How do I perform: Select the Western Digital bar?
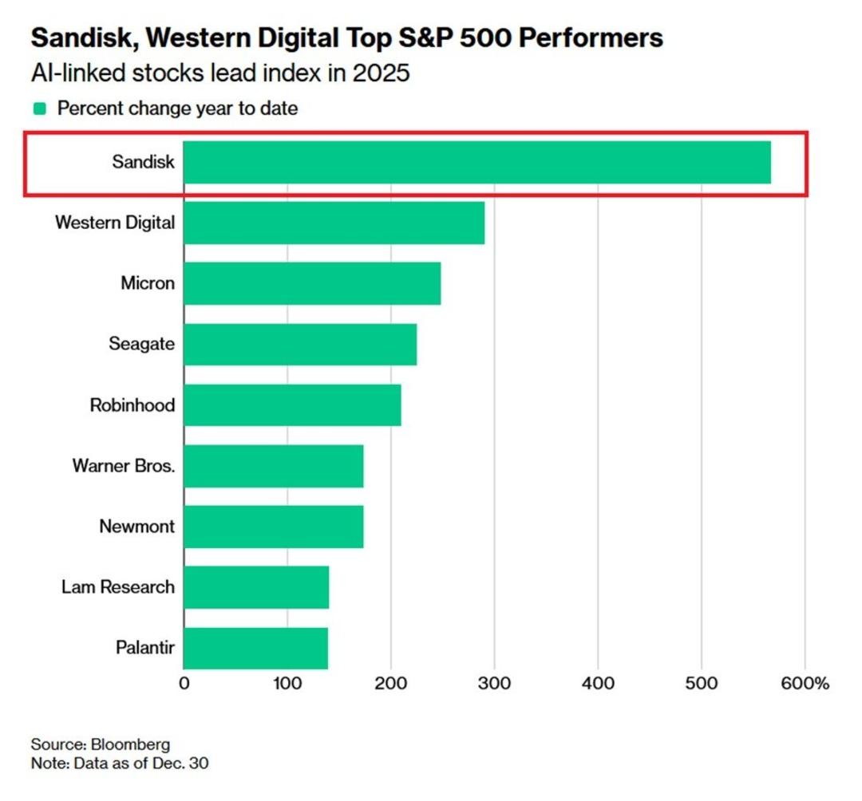click(x=334, y=223)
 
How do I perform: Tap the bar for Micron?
click(x=312, y=283)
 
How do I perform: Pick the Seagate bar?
click(x=300, y=344)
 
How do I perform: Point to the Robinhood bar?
click(x=292, y=405)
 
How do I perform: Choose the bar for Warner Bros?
click(x=274, y=466)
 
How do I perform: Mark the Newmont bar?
click(x=274, y=527)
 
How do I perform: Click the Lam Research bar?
click(x=256, y=587)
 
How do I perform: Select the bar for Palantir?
click(x=255, y=648)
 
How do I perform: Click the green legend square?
click(x=39, y=109)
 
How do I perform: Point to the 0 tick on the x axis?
click(x=184, y=684)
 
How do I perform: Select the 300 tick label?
click(x=494, y=684)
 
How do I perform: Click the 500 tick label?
click(x=702, y=684)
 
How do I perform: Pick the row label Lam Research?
click(x=117, y=587)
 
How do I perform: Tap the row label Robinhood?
click(x=132, y=405)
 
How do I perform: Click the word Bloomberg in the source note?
click(x=129, y=744)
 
